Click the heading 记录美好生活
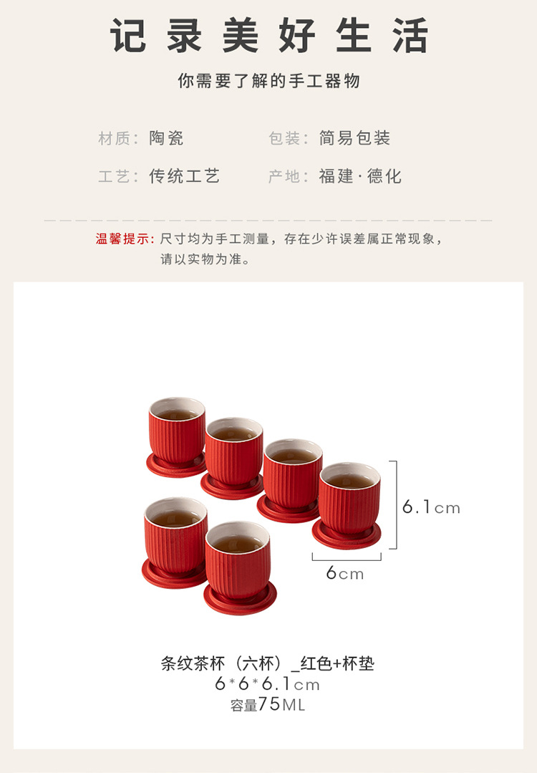point(268,36)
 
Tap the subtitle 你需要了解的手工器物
point(268,81)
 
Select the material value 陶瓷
point(166,138)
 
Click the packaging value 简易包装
point(354,138)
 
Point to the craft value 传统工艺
point(184,176)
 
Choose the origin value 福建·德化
point(360,176)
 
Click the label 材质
point(115,138)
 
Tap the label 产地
point(284,176)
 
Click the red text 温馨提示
point(122,239)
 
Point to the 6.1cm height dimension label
point(431,506)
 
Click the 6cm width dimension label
point(345,573)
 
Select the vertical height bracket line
point(397,505)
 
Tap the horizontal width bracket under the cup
point(347,560)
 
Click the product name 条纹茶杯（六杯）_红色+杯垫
point(268,663)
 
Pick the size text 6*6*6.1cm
point(268,684)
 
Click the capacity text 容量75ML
point(268,705)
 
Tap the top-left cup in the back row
point(177,436)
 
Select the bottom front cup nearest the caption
point(240,567)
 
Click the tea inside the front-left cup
point(175,519)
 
